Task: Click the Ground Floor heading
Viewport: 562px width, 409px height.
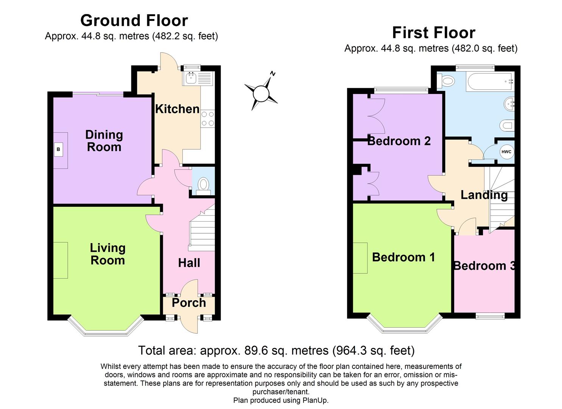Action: pyautogui.click(x=134, y=20)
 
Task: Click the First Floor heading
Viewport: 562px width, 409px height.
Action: pyautogui.click(x=433, y=33)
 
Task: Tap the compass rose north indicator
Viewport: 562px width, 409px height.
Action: pyautogui.click(x=272, y=74)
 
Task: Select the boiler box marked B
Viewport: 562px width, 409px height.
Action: pyautogui.click(x=58, y=150)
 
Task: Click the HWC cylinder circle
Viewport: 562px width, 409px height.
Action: pyautogui.click(x=506, y=152)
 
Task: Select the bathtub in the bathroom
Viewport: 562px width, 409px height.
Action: pyautogui.click(x=490, y=81)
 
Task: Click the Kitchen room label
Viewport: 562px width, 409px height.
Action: pyautogui.click(x=177, y=109)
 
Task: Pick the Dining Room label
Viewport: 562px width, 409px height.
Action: pyautogui.click(x=104, y=141)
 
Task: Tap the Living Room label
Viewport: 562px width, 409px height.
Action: pyautogui.click(x=107, y=254)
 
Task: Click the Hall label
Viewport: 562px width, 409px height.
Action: pyautogui.click(x=189, y=263)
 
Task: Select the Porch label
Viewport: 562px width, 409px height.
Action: pyautogui.click(x=189, y=303)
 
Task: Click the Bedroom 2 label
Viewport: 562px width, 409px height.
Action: pyautogui.click(x=399, y=141)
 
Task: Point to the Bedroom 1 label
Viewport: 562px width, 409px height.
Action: pyautogui.click(x=403, y=257)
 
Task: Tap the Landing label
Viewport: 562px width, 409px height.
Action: pyautogui.click(x=484, y=195)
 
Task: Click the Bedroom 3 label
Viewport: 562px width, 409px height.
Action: pyautogui.click(x=484, y=266)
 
